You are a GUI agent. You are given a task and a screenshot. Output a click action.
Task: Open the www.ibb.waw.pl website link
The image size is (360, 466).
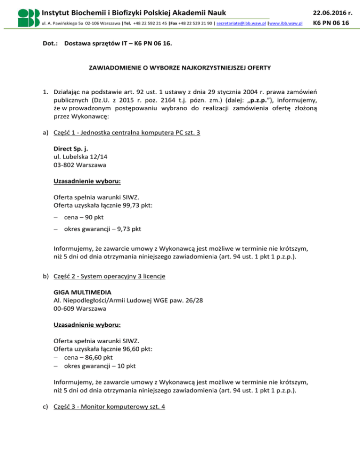click(x=285, y=23)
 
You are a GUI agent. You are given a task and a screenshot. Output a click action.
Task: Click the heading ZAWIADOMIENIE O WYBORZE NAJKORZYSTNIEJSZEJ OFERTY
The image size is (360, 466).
click(x=180, y=68)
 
